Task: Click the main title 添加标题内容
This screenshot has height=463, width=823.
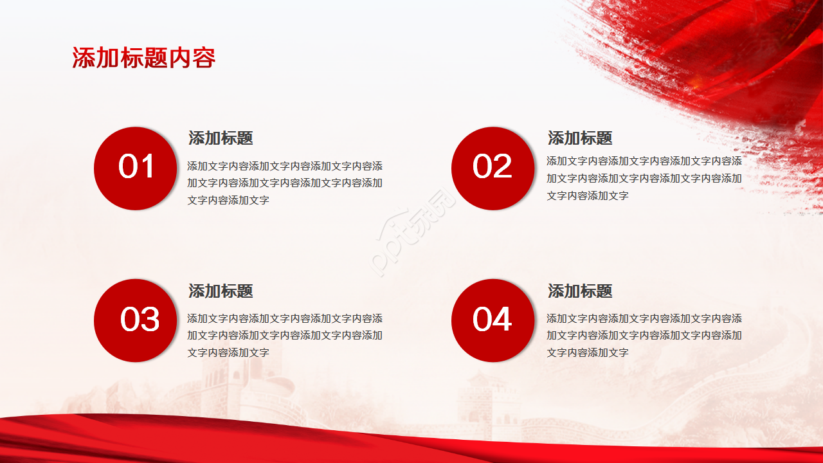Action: click(143, 58)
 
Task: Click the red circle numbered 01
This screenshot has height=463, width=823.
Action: click(136, 168)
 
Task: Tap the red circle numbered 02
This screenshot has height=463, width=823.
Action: click(493, 168)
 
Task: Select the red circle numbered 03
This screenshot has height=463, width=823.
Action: click(136, 320)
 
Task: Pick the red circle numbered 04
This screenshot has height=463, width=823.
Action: click(493, 320)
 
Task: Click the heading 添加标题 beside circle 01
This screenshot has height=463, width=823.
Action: click(221, 138)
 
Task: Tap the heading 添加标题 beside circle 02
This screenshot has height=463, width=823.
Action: click(579, 138)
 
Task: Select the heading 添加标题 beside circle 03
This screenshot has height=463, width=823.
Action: click(221, 291)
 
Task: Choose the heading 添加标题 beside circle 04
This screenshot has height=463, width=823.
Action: click(579, 291)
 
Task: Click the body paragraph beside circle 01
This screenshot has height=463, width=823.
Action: click(284, 183)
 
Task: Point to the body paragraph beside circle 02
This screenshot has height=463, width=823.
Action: click(644, 178)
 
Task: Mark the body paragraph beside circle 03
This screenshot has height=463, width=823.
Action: click(284, 335)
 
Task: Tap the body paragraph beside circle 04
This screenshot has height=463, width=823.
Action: click(644, 335)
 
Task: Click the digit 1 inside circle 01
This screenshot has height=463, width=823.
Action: click(147, 167)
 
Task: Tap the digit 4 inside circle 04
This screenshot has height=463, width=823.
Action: click(502, 320)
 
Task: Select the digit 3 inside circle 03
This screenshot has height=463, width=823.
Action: click(150, 320)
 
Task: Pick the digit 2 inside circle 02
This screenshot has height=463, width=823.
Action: click(502, 167)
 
